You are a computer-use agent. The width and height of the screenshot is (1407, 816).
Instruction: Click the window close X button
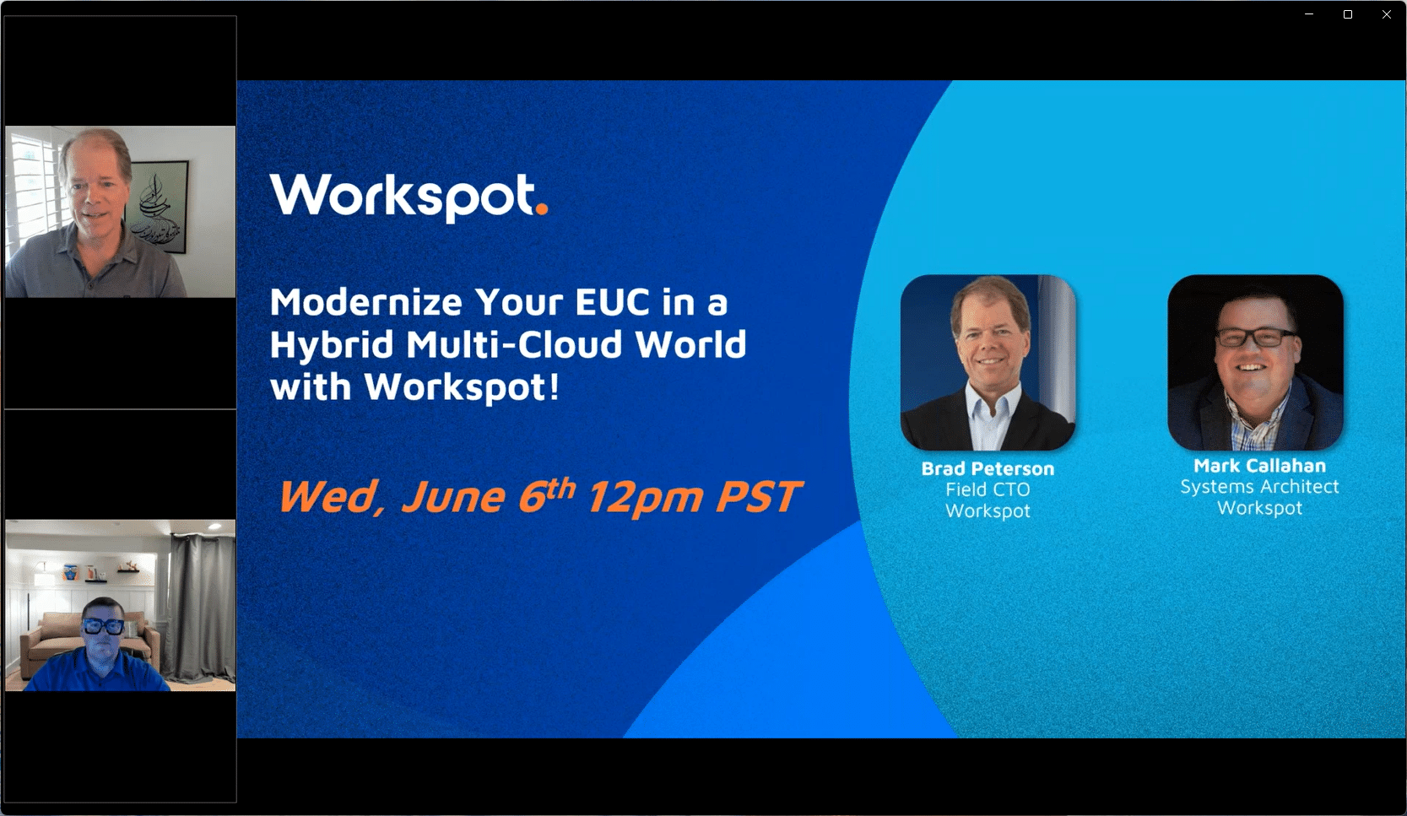1386,14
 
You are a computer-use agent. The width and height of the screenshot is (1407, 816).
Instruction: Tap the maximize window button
1348,14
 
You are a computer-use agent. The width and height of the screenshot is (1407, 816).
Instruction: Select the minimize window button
1309,14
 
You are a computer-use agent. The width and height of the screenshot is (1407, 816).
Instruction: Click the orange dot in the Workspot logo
542,208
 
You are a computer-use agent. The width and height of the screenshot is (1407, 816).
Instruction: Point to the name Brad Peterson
988,468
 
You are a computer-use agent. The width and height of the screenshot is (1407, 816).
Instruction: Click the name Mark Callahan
1259,466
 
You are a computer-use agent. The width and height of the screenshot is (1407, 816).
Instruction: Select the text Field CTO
988,489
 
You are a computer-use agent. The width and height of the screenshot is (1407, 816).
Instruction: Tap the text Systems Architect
1259,487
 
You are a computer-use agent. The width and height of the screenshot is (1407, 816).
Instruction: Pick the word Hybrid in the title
332,345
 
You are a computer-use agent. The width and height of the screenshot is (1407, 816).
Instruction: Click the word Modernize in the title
366,302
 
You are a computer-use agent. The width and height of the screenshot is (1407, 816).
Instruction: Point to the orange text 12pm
644,497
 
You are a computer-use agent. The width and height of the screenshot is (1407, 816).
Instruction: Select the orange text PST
758,497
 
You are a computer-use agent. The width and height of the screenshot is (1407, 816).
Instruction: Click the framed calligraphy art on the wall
158,207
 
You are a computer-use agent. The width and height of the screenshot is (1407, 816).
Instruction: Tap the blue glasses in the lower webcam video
104,626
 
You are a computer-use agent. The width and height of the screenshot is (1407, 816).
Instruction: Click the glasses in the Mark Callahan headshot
1255,338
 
